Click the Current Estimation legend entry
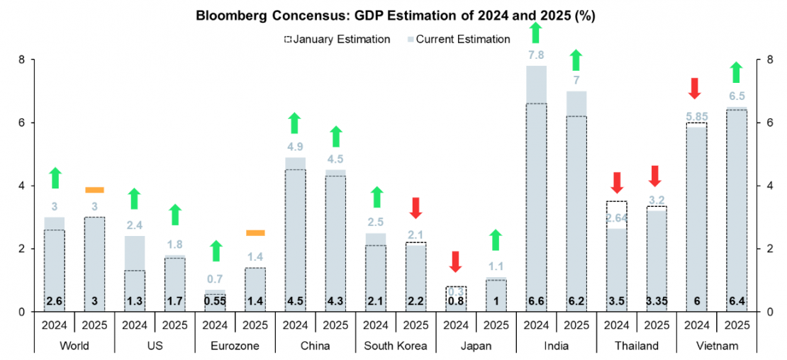pos(459,39)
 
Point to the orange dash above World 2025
pos(94,190)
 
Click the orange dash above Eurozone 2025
pos(255,232)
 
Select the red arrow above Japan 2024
pos(456,261)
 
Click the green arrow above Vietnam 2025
pos(737,72)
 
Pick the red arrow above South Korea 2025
pos(415,208)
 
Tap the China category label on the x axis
pos(315,346)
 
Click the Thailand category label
pos(636,346)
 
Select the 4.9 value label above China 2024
pos(295,147)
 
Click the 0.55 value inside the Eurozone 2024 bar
pos(215,301)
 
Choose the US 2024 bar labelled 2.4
pos(135,274)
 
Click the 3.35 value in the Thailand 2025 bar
pos(657,301)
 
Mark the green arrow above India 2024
pos(536,32)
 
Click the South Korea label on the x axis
pos(396,346)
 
